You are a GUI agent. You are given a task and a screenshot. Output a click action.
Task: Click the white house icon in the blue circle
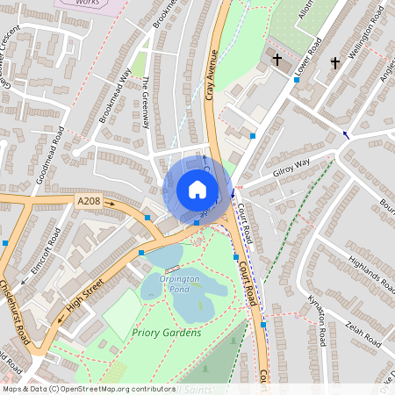click(197, 190)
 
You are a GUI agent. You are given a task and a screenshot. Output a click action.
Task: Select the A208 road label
click(89, 202)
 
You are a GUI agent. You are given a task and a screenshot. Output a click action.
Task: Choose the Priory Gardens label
click(166, 333)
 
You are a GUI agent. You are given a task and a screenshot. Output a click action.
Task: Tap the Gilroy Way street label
click(291, 168)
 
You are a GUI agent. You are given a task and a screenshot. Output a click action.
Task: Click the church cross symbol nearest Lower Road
click(277, 60)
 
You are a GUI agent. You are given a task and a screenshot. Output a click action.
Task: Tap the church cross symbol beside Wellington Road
click(334, 62)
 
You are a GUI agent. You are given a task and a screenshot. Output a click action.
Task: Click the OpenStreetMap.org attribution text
click(88, 388)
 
